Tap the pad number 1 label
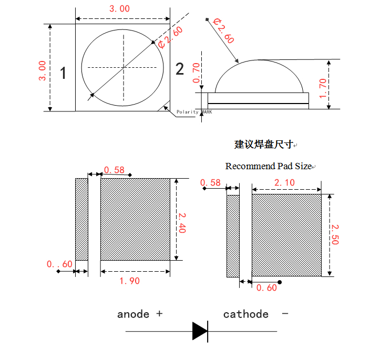tap(63, 73)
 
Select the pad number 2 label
tap(180, 69)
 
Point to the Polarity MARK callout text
tap(194, 112)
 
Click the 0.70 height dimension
tap(197, 73)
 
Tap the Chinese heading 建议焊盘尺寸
tap(263, 144)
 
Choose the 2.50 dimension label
tap(335, 234)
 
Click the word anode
tap(133, 314)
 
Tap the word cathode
tap(245, 314)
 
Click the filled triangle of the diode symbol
tap(200, 331)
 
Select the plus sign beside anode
tap(159, 314)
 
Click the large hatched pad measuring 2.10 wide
tap(286, 235)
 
